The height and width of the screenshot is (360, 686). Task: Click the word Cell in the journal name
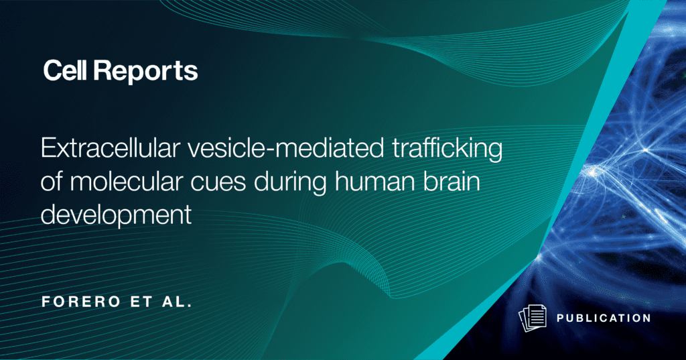tap(65, 70)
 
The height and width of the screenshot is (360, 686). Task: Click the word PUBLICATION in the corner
tap(604, 318)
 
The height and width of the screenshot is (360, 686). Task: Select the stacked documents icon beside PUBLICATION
tap(533, 318)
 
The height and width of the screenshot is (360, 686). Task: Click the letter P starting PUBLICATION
tap(561, 318)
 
